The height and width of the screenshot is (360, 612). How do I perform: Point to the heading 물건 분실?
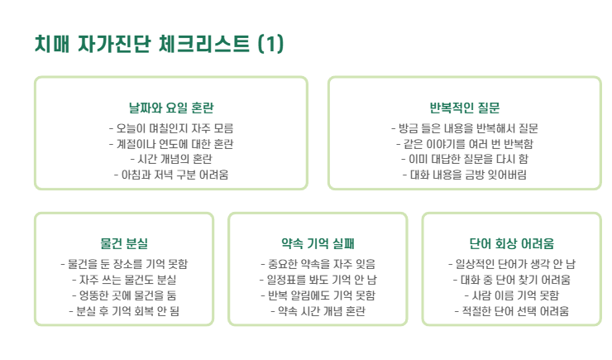point(124,244)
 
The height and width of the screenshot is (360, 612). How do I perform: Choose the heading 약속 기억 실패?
point(318,244)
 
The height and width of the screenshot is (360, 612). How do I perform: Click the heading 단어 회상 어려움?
point(511,244)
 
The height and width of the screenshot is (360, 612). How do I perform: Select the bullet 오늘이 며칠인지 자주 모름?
point(171,128)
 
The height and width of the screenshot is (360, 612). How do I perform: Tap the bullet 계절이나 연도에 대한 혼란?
point(171,144)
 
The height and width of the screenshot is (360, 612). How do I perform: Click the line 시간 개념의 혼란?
point(171,159)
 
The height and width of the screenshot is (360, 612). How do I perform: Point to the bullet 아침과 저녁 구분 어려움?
point(171,175)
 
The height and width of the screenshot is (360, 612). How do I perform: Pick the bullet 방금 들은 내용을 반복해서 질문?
point(464,128)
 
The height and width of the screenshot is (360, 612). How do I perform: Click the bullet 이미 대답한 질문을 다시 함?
point(464,159)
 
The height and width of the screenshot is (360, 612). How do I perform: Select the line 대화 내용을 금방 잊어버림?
point(464,175)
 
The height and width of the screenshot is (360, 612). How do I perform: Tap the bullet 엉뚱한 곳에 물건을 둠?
point(124,295)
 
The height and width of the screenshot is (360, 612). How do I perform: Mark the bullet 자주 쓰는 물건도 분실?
point(124,280)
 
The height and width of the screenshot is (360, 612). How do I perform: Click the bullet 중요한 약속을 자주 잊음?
point(318,264)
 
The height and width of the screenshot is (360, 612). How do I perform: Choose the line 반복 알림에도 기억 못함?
point(318,295)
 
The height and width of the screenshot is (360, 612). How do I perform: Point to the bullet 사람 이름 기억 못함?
point(511,295)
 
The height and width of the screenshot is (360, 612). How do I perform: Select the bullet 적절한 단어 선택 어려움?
point(511,310)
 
